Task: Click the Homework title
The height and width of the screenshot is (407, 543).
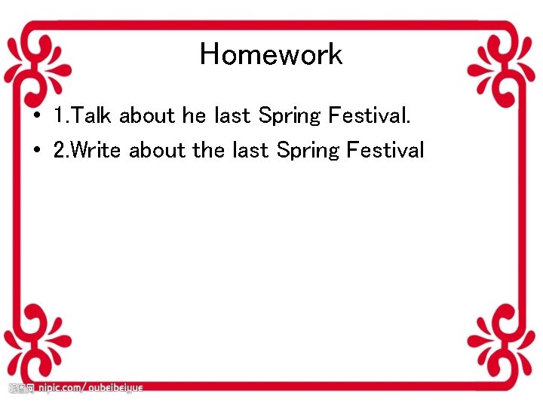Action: point(271,54)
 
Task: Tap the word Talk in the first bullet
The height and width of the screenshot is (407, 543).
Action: point(93,116)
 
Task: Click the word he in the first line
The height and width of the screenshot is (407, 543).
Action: point(194,116)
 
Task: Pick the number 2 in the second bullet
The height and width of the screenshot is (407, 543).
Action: point(60,150)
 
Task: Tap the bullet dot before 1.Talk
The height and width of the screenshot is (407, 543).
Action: point(36,117)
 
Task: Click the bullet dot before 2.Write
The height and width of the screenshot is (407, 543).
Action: point(36,151)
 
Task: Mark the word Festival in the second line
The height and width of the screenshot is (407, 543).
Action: point(385,150)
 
